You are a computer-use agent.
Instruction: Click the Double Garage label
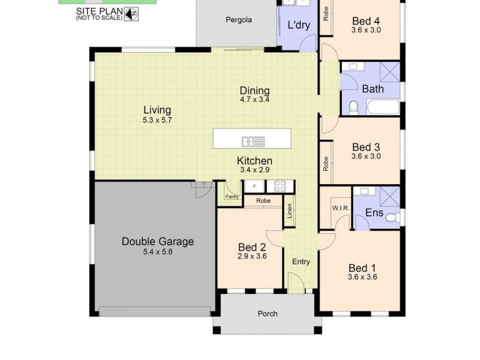[157, 242]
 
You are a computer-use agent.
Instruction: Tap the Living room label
[157, 110]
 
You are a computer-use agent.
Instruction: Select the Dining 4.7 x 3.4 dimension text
[255, 100]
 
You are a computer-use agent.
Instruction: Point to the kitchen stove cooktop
[280, 186]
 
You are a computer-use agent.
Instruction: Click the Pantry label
[232, 196]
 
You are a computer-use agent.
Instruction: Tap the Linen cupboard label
[290, 211]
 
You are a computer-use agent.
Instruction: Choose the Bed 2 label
[252, 247]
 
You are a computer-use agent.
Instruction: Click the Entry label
[301, 262]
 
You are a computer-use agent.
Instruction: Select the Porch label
[268, 313]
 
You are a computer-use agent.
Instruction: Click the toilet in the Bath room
[353, 107]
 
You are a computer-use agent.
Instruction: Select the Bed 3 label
[366, 147]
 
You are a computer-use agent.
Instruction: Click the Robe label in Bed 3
[326, 164]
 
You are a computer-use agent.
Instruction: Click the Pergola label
[238, 19]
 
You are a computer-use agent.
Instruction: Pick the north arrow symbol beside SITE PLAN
[131, 13]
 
